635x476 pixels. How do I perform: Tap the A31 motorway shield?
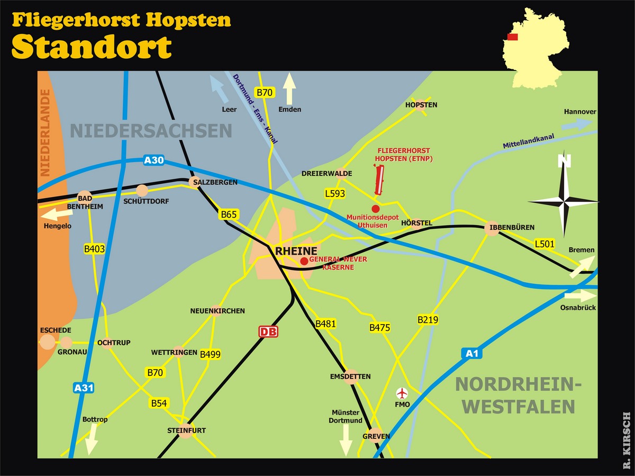84,388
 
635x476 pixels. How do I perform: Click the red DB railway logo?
268,332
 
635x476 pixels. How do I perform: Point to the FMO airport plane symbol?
403,393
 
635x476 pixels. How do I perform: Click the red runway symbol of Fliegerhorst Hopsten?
378,179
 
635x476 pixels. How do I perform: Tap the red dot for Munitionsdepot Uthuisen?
375,209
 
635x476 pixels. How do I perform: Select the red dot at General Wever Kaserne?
304,261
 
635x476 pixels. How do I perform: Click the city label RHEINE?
296,250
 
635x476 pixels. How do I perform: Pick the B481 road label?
325,324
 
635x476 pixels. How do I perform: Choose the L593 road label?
335,194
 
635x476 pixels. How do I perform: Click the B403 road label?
94,249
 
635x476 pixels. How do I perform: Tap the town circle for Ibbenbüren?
492,229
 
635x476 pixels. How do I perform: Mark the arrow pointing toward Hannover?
576,124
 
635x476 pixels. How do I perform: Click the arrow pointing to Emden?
289,89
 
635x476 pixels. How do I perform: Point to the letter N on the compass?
565,161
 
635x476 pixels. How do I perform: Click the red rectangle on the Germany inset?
512,37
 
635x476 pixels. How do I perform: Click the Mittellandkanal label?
528,142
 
